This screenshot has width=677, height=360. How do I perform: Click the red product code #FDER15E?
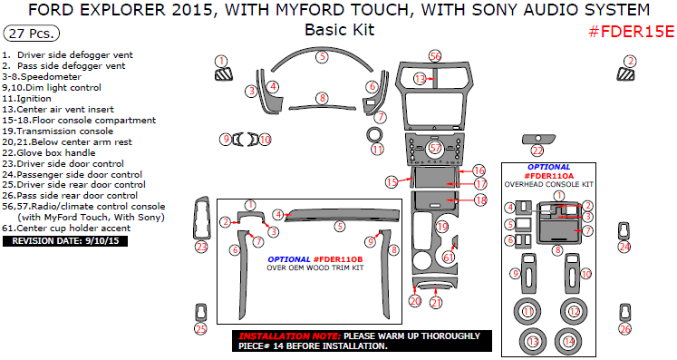pyautogui.click(x=631, y=32)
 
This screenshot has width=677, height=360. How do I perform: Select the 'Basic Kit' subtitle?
pyautogui.click(x=338, y=30)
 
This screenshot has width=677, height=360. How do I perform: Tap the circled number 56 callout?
pyautogui.click(x=435, y=56)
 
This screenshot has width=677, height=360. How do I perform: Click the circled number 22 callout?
pyautogui.click(x=537, y=151)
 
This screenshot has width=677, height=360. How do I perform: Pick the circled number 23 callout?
pyautogui.click(x=201, y=247)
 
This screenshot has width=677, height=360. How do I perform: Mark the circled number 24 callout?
pyautogui.click(x=624, y=247)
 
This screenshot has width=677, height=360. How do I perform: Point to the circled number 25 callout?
pyautogui.click(x=200, y=329)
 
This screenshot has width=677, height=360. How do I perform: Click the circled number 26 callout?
pyautogui.click(x=624, y=329)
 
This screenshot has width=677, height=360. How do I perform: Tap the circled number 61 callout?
pyautogui.click(x=449, y=258)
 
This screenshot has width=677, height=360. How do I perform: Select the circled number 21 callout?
pyautogui.click(x=436, y=303)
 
